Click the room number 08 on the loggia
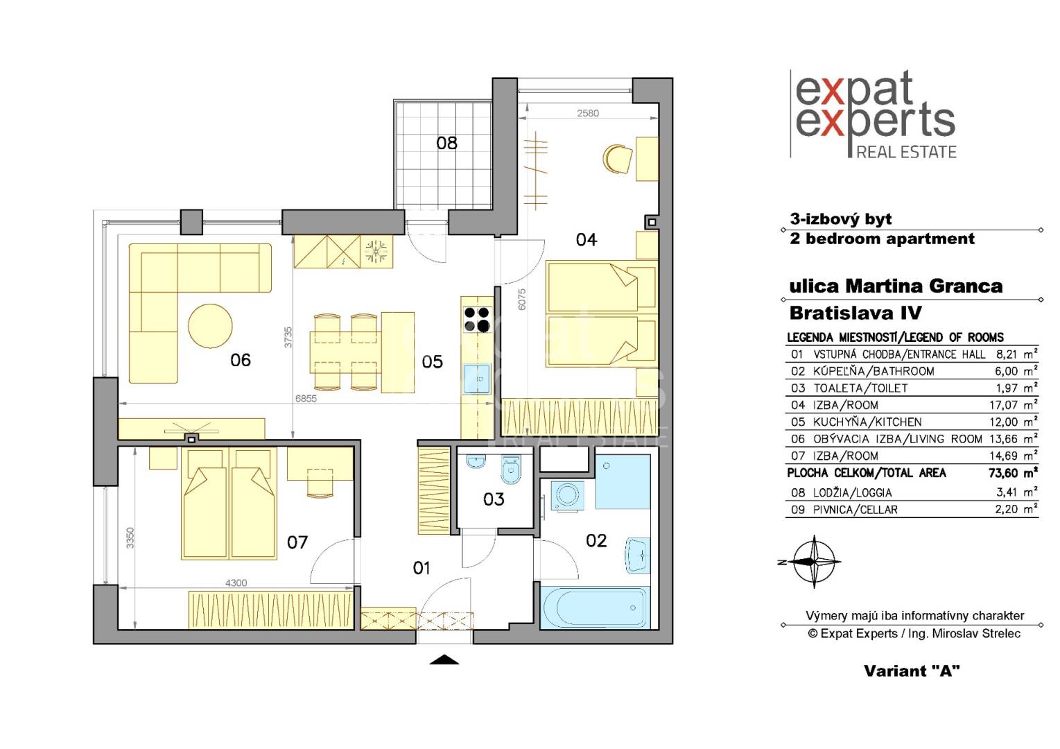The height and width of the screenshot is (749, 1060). tap(446, 143)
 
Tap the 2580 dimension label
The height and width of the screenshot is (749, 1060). tap(588, 113)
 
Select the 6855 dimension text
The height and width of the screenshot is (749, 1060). tap(306, 399)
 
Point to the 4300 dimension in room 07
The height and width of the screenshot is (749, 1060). tap(236, 583)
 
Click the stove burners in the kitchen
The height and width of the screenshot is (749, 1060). tap(477, 320)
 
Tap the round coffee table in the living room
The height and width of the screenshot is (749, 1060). tap(210, 326)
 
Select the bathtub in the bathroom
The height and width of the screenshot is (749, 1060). tap(595, 608)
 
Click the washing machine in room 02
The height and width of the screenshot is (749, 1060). tap(566, 497)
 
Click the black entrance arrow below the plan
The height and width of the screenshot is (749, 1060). tap(444, 660)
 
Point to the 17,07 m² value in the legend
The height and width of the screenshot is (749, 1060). tap(1014, 405)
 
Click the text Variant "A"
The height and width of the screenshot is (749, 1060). tap(912, 671)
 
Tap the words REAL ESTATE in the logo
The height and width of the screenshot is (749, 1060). tap(906, 152)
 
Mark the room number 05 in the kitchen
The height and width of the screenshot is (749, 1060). tap(432, 362)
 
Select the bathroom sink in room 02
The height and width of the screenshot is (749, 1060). tap(637, 556)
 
